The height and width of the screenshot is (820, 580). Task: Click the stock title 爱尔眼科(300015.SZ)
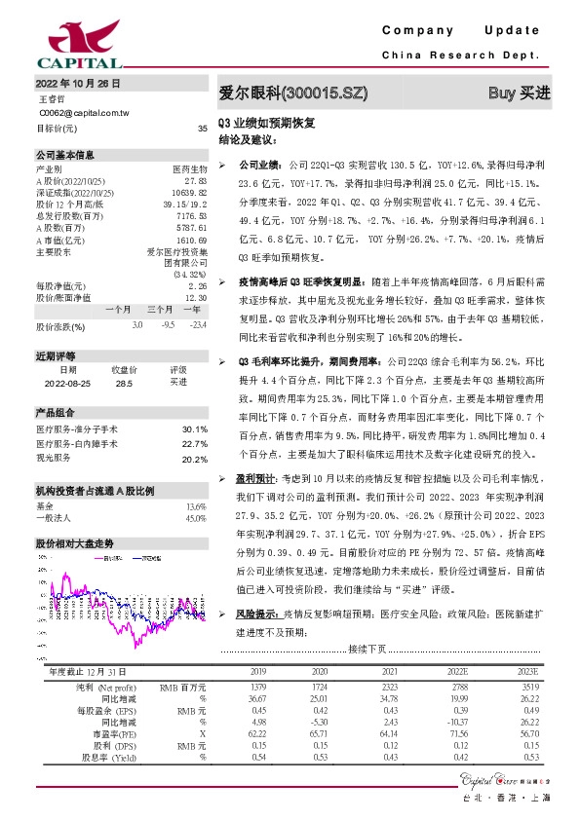pyautogui.click(x=292, y=93)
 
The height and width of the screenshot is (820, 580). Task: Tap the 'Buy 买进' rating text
pyautogui.click(x=519, y=93)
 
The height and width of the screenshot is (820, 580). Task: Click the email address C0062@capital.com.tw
pyautogui.click(x=84, y=113)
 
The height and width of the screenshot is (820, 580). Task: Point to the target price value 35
pyautogui.click(x=202, y=129)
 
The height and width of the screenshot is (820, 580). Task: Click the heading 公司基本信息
pyautogui.click(x=65, y=154)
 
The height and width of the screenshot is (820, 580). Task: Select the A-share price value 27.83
pyautogui.click(x=195, y=180)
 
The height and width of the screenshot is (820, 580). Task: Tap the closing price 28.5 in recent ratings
pyautogui.click(x=124, y=384)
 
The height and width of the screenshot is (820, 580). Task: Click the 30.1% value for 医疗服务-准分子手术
pyautogui.click(x=195, y=429)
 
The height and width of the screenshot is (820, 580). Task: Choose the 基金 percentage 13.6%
pyautogui.click(x=195, y=506)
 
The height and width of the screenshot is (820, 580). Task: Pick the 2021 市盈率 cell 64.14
pyautogui.click(x=388, y=732)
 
